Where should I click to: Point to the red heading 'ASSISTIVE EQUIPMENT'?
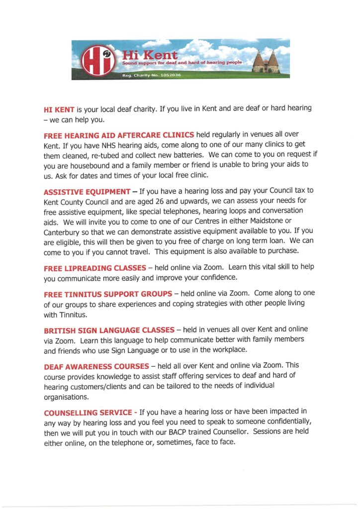pos(88,191)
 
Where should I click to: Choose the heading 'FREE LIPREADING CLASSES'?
pos(95,268)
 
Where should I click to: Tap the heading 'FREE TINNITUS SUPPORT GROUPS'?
pos(107,294)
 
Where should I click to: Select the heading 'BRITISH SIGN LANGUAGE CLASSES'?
pos(109,330)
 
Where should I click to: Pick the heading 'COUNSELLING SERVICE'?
pos(87,412)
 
